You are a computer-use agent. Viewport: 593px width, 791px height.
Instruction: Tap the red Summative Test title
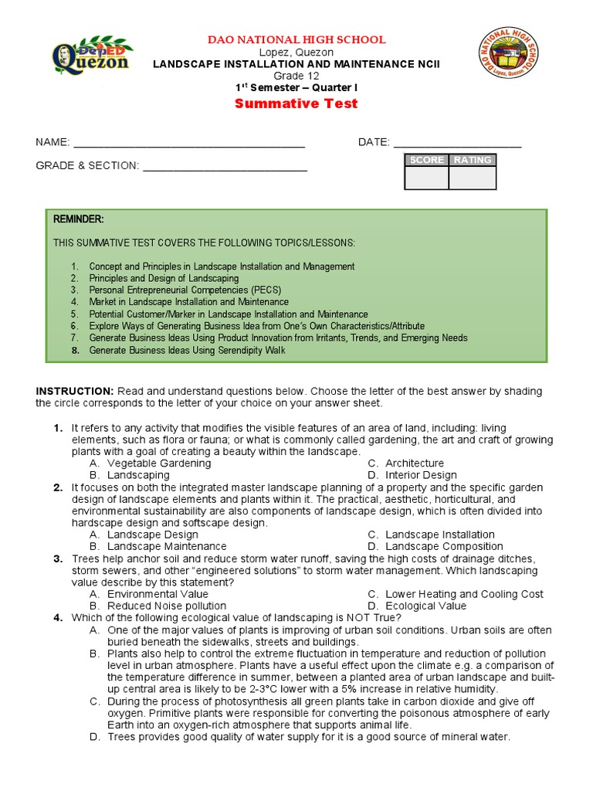[296, 104]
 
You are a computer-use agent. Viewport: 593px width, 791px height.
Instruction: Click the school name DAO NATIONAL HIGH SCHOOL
[296, 39]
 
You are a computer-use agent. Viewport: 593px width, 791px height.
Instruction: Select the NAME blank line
[189, 144]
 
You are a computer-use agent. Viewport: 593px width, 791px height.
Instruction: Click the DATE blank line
[457, 144]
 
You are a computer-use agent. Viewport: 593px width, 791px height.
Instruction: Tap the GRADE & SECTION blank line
[225, 167]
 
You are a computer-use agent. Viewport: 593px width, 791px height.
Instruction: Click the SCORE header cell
[426, 160]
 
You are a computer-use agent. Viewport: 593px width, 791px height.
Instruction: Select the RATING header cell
[472, 160]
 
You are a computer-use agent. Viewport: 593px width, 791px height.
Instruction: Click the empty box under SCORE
[426, 178]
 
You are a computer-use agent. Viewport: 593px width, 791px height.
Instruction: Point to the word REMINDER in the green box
[78, 219]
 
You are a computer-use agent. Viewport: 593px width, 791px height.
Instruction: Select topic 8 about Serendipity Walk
[187, 350]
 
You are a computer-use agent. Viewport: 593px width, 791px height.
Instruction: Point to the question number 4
[58, 618]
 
